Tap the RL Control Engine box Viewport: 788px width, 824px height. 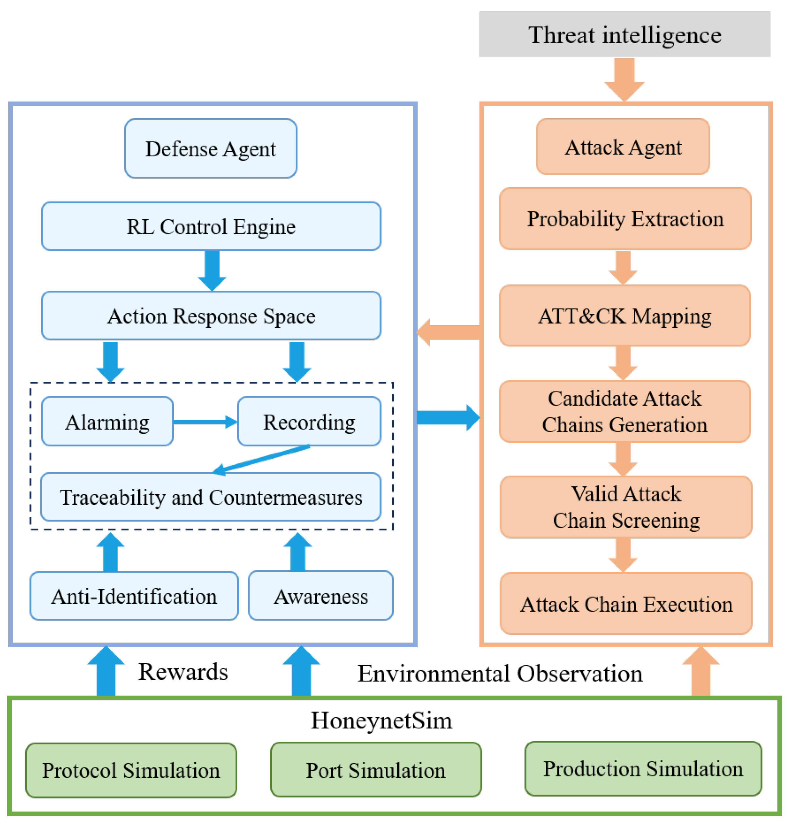click(x=211, y=226)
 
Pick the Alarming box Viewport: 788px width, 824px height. click(x=107, y=422)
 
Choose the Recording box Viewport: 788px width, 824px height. click(x=309, y=422)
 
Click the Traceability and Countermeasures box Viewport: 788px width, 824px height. click(x=210, y=497)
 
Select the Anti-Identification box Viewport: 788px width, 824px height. click(x=134, y=596)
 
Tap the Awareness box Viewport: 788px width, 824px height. click(x=321, y=596)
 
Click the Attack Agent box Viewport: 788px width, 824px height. click(x=623, y=147)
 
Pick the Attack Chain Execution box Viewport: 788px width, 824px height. click(x=626, y=603)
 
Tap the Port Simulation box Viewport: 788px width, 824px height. click(x=376, y=770)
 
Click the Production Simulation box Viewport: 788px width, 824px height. click(x=643, y=769)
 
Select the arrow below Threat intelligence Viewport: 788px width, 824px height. click(x=624, y=79)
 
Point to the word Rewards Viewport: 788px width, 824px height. click(x=183, y=672)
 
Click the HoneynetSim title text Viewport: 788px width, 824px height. click(x=382, y=720)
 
